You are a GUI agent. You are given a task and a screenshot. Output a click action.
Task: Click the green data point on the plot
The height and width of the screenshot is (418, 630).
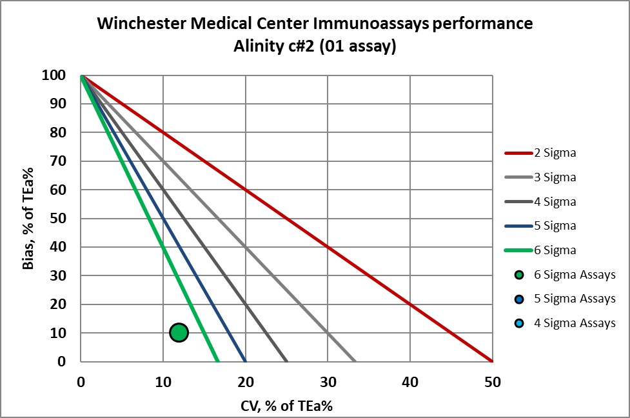coord(179,332)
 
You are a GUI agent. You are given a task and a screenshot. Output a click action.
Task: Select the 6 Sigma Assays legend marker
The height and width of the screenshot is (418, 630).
coord(518,275)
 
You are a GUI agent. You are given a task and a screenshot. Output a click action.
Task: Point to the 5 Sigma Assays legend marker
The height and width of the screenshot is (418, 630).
coord(518,299)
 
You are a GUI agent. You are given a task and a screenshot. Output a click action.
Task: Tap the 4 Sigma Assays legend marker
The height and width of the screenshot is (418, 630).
coord(518,323)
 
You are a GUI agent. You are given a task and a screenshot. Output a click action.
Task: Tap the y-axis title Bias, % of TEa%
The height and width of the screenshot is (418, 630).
coord(30,218)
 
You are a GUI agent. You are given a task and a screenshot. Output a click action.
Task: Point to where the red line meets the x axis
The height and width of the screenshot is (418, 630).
coord(492,361)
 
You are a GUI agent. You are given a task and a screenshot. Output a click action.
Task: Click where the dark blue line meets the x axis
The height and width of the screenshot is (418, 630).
coord(245,361)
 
